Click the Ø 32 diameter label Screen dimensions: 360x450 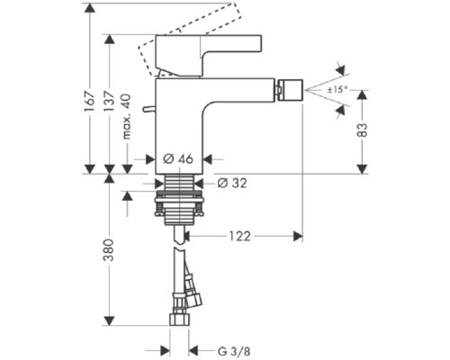[x=231, y=183]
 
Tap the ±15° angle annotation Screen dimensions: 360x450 [x=337, y=90]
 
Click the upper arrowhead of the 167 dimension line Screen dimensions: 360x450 [x=89, y=8]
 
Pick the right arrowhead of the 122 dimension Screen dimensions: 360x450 [x=296, y=236]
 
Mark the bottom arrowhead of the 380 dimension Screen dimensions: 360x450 [x=108, y=321]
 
